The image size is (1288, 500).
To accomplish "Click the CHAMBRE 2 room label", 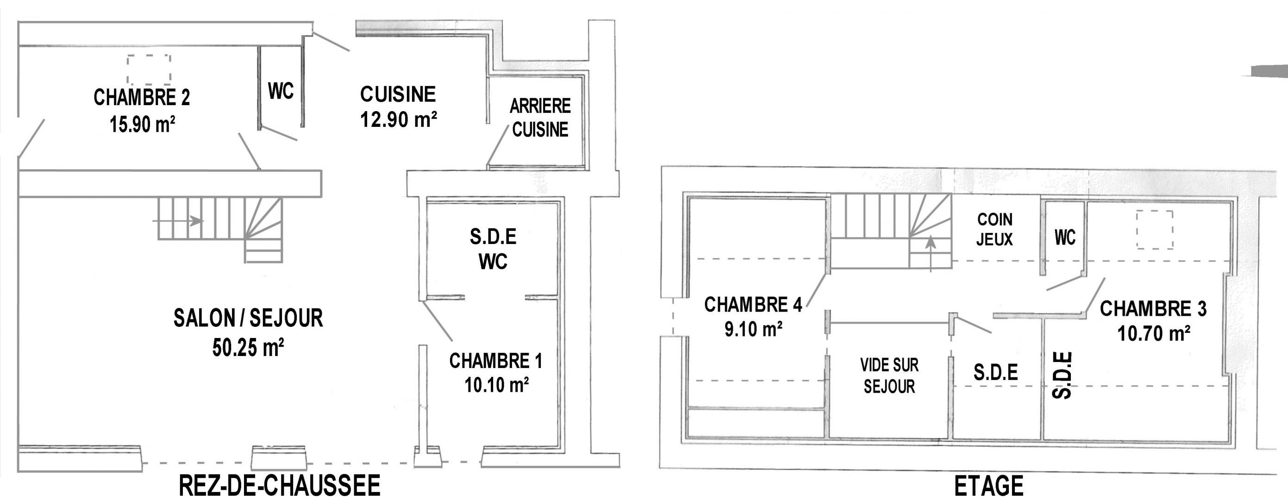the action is [142, 98].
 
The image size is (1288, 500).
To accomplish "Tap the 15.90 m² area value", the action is [143, 124].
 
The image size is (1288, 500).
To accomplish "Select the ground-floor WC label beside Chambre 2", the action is [281, 91].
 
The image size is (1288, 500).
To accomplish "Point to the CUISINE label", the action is [398, 94].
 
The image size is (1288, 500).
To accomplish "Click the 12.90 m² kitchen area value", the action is [399, 119].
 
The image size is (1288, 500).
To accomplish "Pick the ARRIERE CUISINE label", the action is [540, 118].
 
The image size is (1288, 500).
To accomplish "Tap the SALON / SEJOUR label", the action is [248, 318].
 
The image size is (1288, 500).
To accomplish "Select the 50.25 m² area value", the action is [248, 348].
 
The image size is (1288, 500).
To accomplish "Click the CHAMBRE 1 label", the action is [495, 361].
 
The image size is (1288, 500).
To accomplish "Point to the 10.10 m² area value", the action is [496, 385].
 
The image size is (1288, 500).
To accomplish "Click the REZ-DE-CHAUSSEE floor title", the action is [280, 486].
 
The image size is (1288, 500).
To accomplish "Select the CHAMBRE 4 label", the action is [753, 305].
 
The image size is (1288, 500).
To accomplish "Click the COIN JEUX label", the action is [994, 230].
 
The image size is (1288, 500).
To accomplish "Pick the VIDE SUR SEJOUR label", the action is [889, 375].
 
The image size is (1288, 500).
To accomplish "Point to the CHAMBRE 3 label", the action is [1153, 309].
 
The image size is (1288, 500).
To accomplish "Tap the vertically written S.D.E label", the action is [1063, 375].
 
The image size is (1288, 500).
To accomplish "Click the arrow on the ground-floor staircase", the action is [177, 220].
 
